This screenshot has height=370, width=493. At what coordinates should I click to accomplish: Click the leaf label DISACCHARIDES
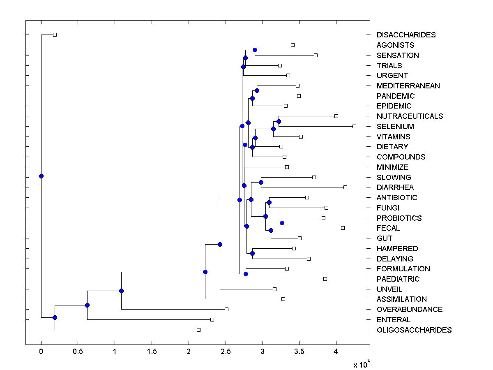click(406, 35)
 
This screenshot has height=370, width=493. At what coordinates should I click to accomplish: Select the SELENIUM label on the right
click(395, 127)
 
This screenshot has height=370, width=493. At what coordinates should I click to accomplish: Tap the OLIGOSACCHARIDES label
click(414, 330)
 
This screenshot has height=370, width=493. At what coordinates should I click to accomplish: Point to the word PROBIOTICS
click(399, 218)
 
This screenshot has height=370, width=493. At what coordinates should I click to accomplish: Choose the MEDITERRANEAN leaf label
click(408, 86)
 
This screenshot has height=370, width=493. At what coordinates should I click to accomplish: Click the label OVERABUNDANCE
click(410, 310)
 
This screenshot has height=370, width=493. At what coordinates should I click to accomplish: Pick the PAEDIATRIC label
click(398, 279)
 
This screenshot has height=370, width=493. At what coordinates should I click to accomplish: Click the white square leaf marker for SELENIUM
click(354, 126)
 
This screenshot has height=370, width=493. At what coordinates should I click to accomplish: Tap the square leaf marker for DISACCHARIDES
click(55, 35)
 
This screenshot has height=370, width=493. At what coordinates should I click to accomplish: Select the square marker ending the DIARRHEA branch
click(345, 187)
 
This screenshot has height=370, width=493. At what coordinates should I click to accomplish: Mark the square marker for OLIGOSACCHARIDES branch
click(198, 330)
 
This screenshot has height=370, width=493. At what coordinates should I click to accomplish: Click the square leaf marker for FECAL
click(343, 228)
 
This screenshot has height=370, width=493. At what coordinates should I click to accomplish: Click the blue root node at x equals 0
click(41, 176)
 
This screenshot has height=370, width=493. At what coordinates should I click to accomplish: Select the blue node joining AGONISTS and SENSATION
click(255, 50)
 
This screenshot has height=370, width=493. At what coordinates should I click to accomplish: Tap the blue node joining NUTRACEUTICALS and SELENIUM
click(279, 121)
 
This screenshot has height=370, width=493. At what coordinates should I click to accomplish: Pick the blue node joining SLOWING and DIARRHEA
click(261, 182)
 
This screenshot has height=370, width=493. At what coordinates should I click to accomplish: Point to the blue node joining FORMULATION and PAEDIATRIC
click(246, 274)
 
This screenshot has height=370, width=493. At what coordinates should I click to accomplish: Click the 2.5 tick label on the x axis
click(225, 352)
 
